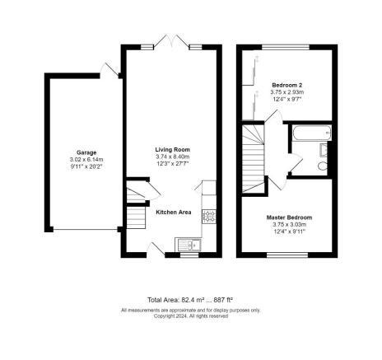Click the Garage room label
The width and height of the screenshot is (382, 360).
pos(86,152)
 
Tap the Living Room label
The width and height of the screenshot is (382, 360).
pos(173,150)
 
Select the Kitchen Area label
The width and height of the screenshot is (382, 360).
pos(174,213)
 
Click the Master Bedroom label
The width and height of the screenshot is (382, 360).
pos(289,217)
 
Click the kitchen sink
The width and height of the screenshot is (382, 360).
pos(189,245)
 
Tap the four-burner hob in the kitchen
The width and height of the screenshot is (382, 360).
pos(209,216)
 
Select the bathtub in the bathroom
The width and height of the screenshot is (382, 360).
pos(312,133)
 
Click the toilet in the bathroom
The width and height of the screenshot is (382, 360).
pos(323,166)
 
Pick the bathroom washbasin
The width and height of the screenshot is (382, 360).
pos(324,150)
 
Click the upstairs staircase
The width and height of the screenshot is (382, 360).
pos(253,159)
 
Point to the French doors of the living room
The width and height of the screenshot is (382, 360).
pos(171,41)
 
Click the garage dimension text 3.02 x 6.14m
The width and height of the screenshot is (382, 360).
pos(86,160)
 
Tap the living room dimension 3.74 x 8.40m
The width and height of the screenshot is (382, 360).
pos(173,157)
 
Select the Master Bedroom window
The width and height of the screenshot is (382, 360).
pos(287,255)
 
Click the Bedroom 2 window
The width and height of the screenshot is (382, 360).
pos(286,47)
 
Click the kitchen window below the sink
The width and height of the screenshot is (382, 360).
pos(189,255)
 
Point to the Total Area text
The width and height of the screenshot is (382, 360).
pos(190,300)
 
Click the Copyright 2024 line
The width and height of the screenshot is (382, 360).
pos(191,316)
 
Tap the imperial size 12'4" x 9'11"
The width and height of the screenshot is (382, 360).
pos(290,231)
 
